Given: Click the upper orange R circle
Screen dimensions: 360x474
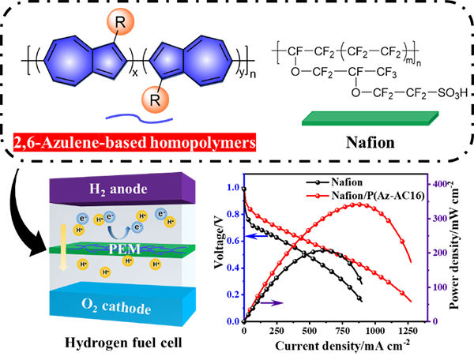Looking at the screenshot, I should (118, 23).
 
